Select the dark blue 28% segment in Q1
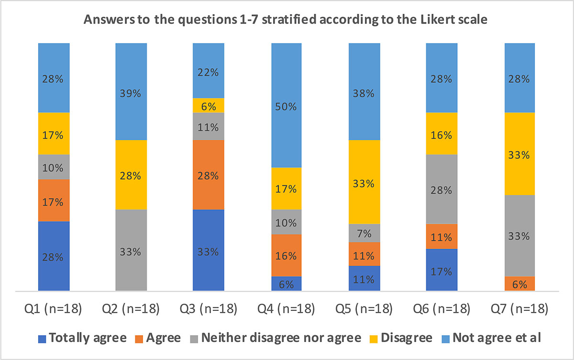click(x=54, y=256)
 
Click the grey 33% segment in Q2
click(x=131, y=250)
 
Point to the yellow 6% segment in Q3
click(x=209, y=105)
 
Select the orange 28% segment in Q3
click(x=209, y=175)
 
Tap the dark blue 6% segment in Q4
click(x=286, y=284)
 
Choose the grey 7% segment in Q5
click(x=364, y=233)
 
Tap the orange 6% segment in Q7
click(x=519, y=284)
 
